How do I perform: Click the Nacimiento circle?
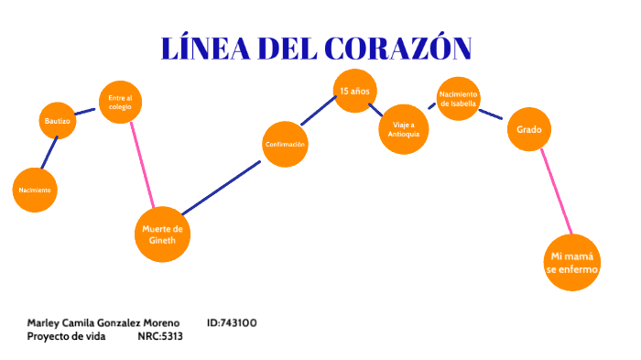tap(35, 190)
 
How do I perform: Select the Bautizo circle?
tap(57, 121)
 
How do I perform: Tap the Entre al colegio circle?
tap(120, 103)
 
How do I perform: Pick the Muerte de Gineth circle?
tap(163, 235)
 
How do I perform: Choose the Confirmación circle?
tap(285, 145)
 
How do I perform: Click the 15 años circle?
tap(354, 91)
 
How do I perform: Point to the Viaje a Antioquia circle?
tap(404, 129)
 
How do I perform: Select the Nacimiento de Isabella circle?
tap(458, 98)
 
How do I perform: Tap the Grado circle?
tap(528, 130)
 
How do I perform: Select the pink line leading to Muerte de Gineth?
tap(143, 165)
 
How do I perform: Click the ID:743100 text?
tap(232, 322)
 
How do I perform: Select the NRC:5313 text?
tap(160, 336)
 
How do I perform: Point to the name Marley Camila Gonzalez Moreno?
tap(103, 322)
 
